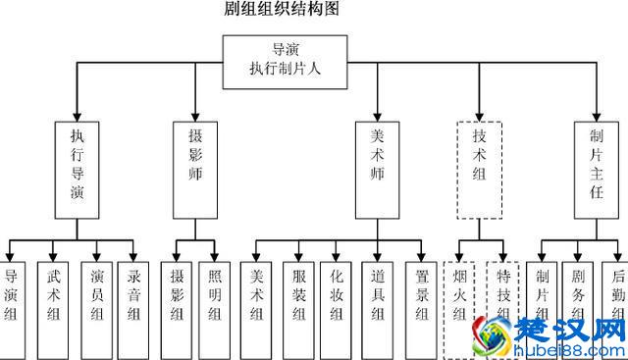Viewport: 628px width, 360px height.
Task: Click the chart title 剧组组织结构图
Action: pyautogui.click(x=283, y=11)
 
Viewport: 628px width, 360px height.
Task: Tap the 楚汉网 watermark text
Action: pyautogui.click(x=569, y=327)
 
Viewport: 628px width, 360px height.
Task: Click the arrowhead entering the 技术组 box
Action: pyautogui.click(x=480, y=115)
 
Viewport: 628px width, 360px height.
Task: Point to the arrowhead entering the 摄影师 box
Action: pyautogui.click(x=194, y=115)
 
